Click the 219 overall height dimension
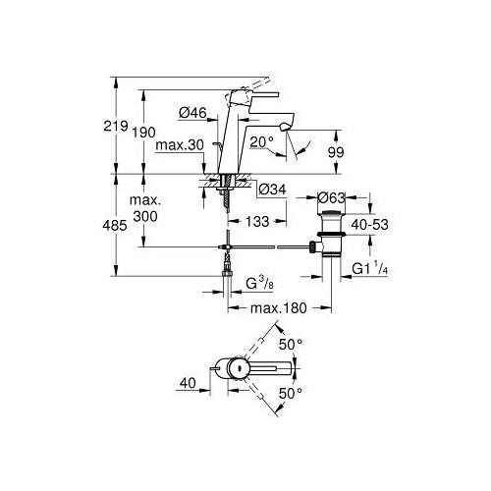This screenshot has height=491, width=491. [x=116, y=126]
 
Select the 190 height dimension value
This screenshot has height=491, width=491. [x=144, y=133]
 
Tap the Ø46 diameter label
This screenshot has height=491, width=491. [x=193, y=113]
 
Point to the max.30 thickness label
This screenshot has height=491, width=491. [x=180, y=145]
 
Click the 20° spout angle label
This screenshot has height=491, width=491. [x=261, y=142]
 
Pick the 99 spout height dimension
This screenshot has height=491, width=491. [x=336, y=152]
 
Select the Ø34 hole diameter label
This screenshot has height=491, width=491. [x=272, y=190]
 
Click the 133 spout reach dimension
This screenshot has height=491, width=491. [x=257, y=222]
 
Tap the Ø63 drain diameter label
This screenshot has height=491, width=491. [x=332, y=197]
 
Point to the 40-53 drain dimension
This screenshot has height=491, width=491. [x=370, y=225]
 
